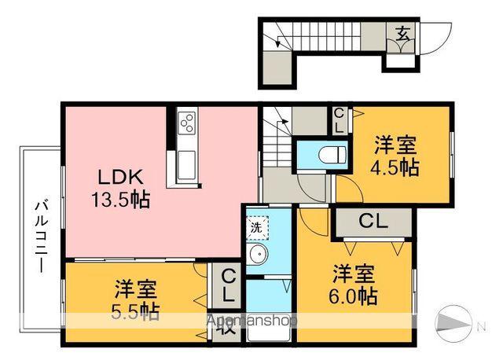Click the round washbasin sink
(x=257, y=254)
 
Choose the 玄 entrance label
(x=402, y=34)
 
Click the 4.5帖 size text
(x=395, y=167)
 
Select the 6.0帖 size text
(x=354, y=296)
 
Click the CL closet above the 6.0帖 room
(x=373, y=222)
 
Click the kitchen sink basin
(x=188, y=163)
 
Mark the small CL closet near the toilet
(x=339, y=119)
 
